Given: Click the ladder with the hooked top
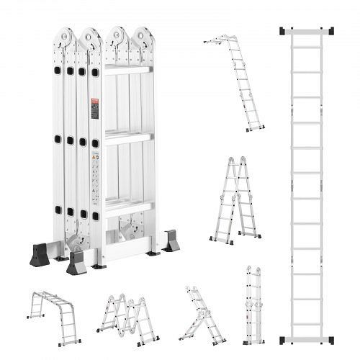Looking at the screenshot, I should pos(235,83).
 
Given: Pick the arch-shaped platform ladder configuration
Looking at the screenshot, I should pos(54,315).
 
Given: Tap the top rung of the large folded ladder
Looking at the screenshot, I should pos(128,70).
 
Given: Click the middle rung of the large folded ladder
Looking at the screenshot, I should pos(128,138).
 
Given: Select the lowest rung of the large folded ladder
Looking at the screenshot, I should pos(128,207).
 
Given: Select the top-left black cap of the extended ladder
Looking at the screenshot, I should pos(283,31).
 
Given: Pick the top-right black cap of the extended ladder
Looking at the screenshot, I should pos(330,31).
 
